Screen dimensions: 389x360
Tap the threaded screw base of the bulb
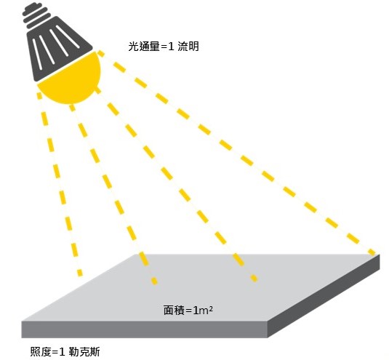36,15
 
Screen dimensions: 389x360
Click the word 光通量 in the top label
144,47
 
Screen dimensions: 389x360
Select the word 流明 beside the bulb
188,47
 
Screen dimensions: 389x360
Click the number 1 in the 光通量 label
171,47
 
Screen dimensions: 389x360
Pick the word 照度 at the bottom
41,351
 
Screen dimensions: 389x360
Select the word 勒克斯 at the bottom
84,351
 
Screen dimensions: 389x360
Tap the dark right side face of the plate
324,296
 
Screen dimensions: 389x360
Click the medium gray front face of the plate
145,329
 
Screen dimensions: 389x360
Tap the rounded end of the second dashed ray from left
155,281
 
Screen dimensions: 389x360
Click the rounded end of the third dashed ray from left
254,278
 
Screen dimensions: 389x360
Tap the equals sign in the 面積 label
188,311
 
